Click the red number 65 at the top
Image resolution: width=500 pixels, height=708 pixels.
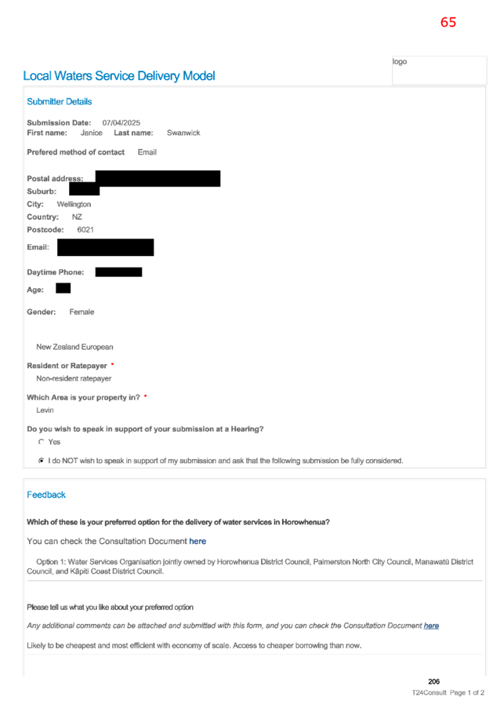pos(448,22)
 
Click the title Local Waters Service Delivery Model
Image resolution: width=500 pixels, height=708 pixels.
pos(119,76)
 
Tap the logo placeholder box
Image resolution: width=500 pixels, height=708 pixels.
pos(439,70)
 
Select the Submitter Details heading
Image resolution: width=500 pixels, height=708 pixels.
pos(59,101)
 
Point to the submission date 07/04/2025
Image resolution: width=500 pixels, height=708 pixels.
pos(121,122)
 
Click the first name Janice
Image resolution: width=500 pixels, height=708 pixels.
pos(91,133)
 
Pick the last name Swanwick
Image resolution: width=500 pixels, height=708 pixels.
pos(183,133)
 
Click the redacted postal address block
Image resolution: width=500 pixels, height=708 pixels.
pos(158,178)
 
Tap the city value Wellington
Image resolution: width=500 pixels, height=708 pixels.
pos(74,204)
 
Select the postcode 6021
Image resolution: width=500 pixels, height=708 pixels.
pos(85,230)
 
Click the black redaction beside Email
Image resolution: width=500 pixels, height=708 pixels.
pos(106,247)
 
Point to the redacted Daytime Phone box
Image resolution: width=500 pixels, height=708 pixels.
pos(118,272)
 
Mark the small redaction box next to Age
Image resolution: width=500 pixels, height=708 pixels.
pos(63,288)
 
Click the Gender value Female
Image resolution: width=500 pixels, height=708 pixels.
pos(82,312)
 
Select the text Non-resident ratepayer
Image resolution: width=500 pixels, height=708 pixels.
pos(74,378)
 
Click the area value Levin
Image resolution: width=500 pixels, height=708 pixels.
pos(45,410)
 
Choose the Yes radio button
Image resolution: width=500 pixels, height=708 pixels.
pos(42,442)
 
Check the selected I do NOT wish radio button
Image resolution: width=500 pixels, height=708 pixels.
pos(42,461)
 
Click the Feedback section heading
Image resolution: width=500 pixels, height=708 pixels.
pos(46,495)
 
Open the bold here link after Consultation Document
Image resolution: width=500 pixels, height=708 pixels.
pos(197,541)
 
